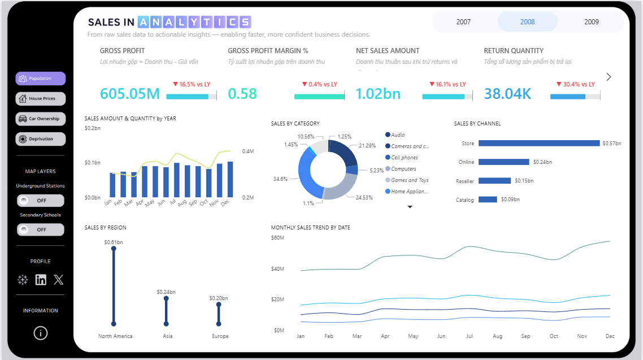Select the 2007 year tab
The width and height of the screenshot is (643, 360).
point(463,22)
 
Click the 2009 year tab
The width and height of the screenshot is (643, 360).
point(592,22)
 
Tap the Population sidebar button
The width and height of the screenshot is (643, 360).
point(41,79)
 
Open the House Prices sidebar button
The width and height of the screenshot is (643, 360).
point(41,99)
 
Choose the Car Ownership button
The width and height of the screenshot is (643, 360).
point(41,119)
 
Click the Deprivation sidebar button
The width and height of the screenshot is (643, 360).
point(41,139)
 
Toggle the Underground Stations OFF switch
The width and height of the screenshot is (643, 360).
point(41,201)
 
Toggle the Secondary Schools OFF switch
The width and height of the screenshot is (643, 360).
point(41,229)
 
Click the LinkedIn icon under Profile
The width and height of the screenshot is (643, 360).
point(41,280)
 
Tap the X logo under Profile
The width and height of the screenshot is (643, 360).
point(59,280)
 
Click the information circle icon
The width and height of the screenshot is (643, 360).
point(41,333)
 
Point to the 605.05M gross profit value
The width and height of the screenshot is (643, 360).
point(130,94)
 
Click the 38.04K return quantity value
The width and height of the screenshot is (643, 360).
point(507,94)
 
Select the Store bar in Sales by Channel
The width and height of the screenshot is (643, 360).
point(538,144)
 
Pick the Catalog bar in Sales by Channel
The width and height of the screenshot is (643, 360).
point(488,199)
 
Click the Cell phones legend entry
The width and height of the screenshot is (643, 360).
point(404,158)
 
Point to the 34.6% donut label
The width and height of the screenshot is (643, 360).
point(280,179)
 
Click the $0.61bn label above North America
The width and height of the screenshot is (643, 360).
point(114,242)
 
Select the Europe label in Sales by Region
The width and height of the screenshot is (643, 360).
point(220,336)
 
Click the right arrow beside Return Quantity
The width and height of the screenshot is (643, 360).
point(609,77)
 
